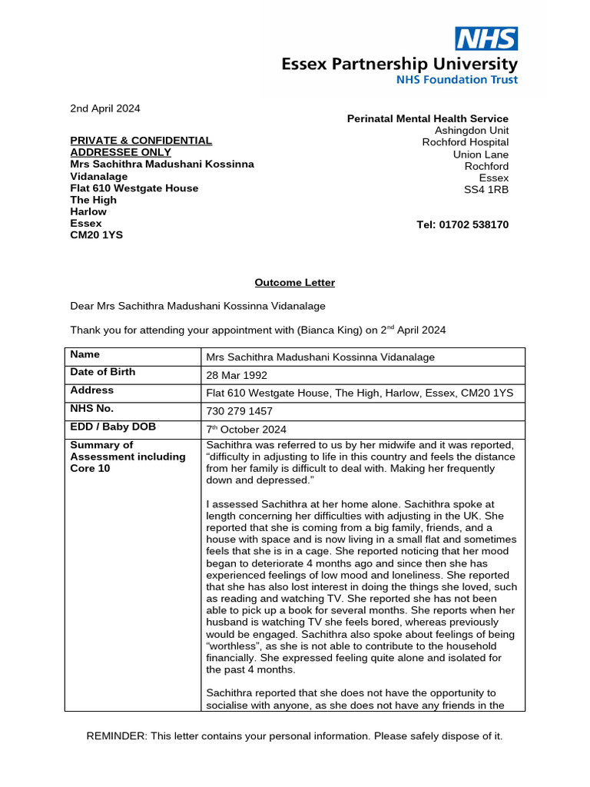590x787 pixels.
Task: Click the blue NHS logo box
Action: (487, 38)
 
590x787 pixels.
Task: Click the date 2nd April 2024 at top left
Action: (105, 108)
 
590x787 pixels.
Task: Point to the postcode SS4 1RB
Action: (486, 190)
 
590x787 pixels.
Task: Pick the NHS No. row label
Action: (92, 409)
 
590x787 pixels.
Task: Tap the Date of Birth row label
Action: (102, 372)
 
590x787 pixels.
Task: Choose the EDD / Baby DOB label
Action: (113, 427)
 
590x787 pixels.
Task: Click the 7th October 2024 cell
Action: (247, 430)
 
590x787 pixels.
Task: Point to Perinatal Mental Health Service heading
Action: (428, 118)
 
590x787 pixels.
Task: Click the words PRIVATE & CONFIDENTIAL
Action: (141, 141)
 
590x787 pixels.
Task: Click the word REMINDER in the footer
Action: (116, 736)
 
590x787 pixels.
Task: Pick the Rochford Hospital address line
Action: (465, 142)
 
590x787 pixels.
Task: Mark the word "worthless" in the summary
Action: (232, 646)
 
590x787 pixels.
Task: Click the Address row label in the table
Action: (91, 390)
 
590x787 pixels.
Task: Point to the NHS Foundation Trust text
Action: (456, 80)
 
